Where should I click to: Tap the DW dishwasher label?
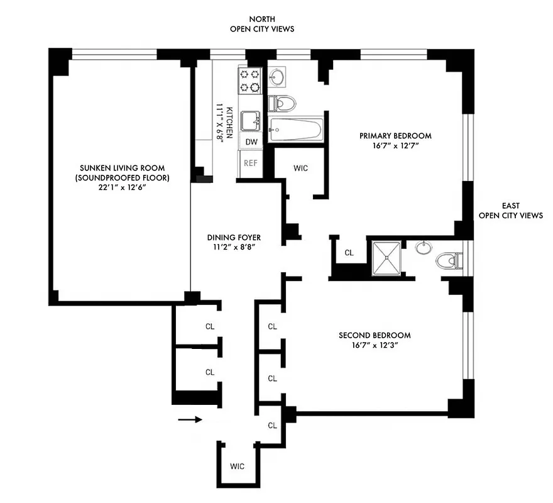pos(251,141)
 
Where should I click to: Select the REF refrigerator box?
pos(251,163)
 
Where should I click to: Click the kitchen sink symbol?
pos(252,118)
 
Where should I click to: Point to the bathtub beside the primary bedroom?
pos(295,131)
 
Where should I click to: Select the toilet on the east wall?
pos(451,260)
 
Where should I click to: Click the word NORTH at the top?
pos(262,19)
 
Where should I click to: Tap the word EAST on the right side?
pos(510,205)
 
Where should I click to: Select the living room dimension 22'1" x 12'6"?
pos(122,188)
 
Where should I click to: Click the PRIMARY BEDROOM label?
pos(395,135)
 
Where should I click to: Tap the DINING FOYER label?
pos(234,237)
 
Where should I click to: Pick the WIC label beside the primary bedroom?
pos(300,168)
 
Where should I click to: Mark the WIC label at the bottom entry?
pos(237,466)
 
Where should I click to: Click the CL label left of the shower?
pos(349,253)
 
